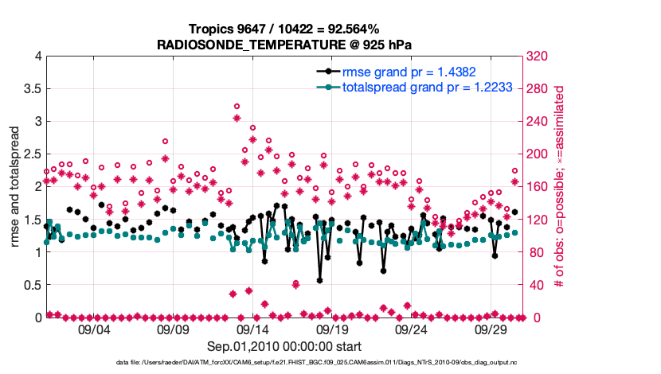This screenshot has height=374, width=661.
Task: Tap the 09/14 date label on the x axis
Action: coord(252,329)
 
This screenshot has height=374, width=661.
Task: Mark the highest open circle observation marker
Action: coord(237,106)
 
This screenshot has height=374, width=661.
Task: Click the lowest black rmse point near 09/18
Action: coord(320,280)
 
